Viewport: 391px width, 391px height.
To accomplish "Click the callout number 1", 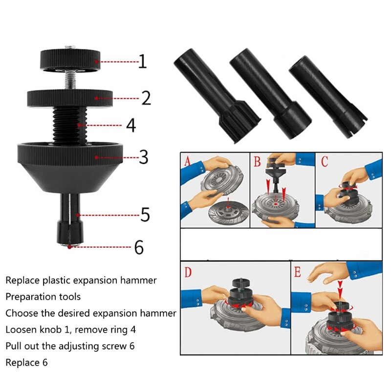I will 142,62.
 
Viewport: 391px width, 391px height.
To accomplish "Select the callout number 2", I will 146,98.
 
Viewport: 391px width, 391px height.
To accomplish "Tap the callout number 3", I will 143,157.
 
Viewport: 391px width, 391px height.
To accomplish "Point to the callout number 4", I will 130,125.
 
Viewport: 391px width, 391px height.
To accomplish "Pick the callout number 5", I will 145,215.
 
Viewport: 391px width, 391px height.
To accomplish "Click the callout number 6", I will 139,247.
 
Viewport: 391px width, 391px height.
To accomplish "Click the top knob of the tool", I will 70,61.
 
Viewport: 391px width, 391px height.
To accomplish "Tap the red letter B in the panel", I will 257,161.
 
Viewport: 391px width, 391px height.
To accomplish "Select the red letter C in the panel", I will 325,161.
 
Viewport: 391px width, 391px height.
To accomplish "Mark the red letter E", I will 298,272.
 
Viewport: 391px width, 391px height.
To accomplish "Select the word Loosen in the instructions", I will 21,329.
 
